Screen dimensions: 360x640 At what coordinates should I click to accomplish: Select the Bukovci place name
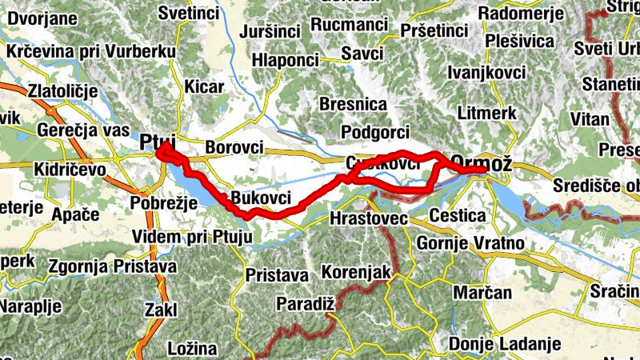click(260, 198)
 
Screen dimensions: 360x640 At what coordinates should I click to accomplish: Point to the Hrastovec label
click(369, 218)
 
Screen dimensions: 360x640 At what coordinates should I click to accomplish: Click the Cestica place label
click(458, 216)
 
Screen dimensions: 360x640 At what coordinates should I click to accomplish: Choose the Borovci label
click(234, 147)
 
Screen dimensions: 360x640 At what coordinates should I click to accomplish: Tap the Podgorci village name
click(374, 131)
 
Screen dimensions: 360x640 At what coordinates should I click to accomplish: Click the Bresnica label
click(353, 104)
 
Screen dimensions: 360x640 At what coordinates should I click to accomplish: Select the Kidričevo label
click(71, 170)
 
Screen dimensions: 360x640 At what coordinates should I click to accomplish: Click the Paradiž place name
click(304, 303)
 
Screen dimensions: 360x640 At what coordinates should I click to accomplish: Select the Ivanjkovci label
click(487, 73)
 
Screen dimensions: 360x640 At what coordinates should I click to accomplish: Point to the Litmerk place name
click(482, 114)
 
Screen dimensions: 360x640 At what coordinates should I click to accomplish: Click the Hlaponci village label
click(285, 60)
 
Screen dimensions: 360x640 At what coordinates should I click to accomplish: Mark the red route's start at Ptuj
click(160, 150)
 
